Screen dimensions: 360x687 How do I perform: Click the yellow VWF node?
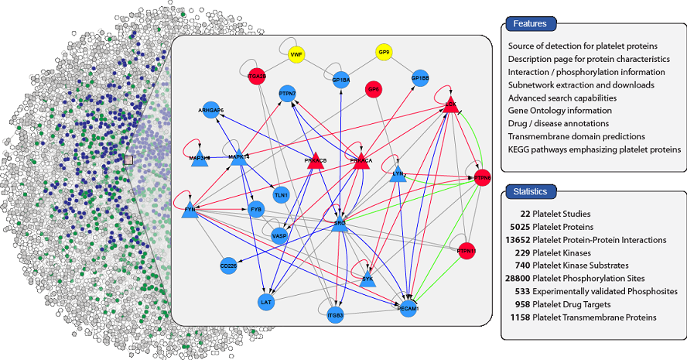coord(297,55)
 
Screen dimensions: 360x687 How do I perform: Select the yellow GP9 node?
coord(384,53)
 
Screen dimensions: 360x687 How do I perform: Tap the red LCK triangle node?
coord(451,105)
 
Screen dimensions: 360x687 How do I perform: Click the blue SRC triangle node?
coord(339,225)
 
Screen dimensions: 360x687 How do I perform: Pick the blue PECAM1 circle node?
coord(408,308)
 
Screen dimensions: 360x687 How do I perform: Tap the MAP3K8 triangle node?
coord(200,159)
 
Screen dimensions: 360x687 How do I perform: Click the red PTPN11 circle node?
coord(466,252)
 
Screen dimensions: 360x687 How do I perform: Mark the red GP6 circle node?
coord(374,89)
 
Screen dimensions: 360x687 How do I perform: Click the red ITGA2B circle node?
coord(257,76)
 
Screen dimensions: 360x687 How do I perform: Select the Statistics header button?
coord(531,191)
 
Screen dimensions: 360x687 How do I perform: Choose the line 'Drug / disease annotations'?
coord(559,123)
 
